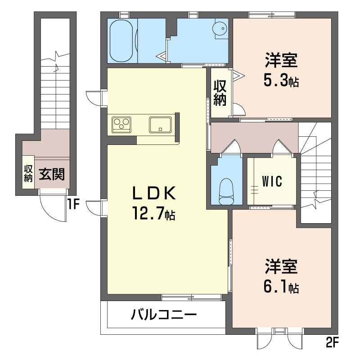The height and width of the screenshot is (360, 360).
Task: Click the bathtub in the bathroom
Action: point(121,40)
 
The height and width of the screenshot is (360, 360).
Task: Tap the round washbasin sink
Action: point(220,29)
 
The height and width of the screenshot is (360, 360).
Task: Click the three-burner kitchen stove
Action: point(121,125)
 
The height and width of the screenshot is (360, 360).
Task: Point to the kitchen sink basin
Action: point(160,125)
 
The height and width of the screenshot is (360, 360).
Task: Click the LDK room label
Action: point(154,193)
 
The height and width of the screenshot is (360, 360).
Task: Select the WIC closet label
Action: point(272,181)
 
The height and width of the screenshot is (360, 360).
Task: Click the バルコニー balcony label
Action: point(164,315)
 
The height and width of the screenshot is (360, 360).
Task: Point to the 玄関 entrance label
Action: point(52,174)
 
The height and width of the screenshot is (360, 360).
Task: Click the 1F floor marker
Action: point(73,204)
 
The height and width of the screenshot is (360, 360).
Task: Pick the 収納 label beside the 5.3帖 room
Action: point(220,93)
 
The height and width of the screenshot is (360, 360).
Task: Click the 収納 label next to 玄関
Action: point(28,174)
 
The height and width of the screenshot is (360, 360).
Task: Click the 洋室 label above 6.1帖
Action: point(281,267)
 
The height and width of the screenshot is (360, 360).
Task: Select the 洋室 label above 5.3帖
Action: point(281,60)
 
